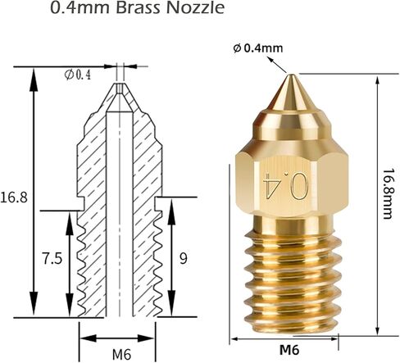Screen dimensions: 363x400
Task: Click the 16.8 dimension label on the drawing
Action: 15,197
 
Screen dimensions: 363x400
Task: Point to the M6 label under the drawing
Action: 121,354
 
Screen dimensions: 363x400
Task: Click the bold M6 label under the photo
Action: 289,349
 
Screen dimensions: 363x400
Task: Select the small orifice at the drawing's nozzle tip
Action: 121,85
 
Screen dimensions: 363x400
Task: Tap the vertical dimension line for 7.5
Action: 68,262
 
